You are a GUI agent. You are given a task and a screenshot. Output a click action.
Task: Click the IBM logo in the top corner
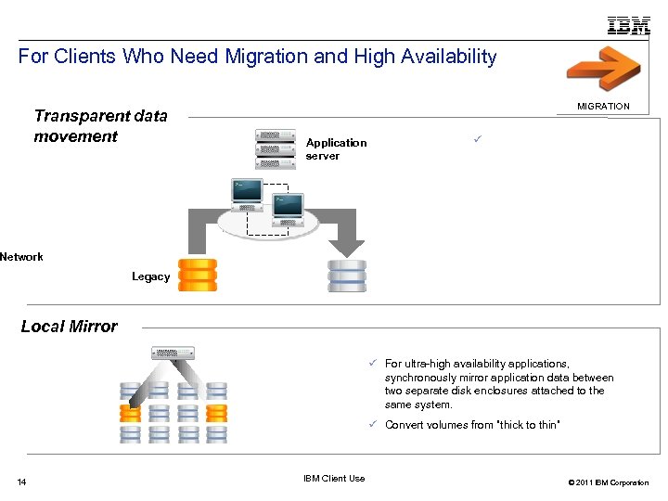pos(628,25)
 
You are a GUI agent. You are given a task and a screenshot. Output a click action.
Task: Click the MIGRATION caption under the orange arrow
pos(603,107)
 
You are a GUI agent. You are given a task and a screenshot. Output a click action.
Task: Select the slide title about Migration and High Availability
pos(258,57)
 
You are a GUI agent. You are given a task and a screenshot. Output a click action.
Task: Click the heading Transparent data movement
pos(100,126)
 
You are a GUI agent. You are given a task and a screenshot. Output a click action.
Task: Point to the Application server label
pos(336,149)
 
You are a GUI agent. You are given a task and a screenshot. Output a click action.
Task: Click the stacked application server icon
pos(276,148)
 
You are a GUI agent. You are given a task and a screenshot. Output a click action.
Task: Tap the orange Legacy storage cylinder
pos(198,275)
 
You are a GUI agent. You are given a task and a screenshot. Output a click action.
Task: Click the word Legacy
pos(150,276)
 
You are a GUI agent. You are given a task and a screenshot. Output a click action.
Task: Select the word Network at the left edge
pos(21,257)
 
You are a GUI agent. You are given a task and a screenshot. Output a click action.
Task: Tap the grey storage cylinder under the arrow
pos(347,276)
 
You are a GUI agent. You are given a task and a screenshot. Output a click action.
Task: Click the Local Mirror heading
pos(69,327)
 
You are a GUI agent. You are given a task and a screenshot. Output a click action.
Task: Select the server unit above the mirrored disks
pos(173,353)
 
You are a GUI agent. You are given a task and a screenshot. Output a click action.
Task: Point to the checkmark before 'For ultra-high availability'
pos(370,364)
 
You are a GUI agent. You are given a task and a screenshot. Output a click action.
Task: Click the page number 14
pos(22,482)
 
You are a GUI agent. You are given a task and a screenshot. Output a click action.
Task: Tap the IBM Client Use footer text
pos(334,479)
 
